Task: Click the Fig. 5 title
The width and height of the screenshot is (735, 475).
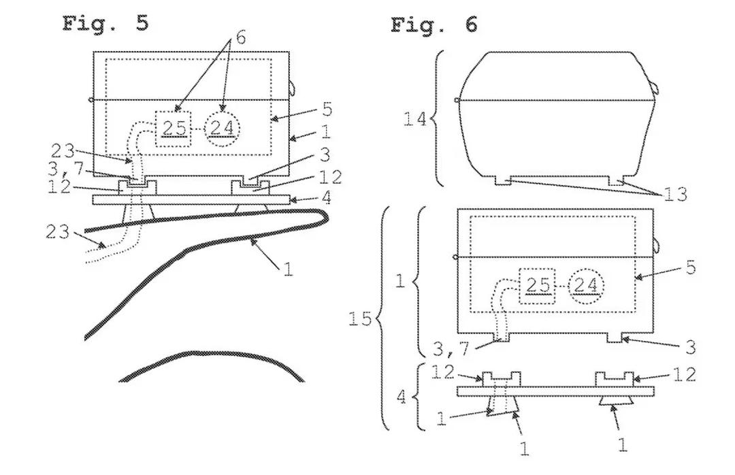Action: coord(105,23)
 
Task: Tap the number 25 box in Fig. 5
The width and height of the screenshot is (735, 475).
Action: coord(173,129)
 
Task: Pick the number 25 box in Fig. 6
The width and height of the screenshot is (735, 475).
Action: coord(537,286)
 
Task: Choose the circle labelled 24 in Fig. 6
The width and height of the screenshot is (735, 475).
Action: coord(586,286)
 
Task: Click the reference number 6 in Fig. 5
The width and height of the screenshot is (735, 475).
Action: coord(240,37)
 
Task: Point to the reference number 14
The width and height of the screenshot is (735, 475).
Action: coord(415,119)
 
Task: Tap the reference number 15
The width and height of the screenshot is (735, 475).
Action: coord(360,319)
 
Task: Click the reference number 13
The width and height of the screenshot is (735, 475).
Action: coord(676,194)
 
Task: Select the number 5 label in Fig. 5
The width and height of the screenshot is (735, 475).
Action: coord(327,110)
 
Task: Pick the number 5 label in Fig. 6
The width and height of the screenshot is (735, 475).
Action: coord(691,267)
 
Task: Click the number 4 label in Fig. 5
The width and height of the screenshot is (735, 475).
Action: coord(327,198)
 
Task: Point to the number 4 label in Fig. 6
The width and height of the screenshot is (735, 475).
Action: coord(402,398)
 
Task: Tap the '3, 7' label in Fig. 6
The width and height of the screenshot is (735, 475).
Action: coord(451,349)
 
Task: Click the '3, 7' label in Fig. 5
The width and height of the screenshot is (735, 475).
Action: coord(65,169)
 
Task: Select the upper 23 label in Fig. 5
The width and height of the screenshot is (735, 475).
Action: coord(63,151)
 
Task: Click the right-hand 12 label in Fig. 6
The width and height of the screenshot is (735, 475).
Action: coord(685,375)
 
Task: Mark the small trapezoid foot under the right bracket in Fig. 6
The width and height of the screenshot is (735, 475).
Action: coord(615,401)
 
